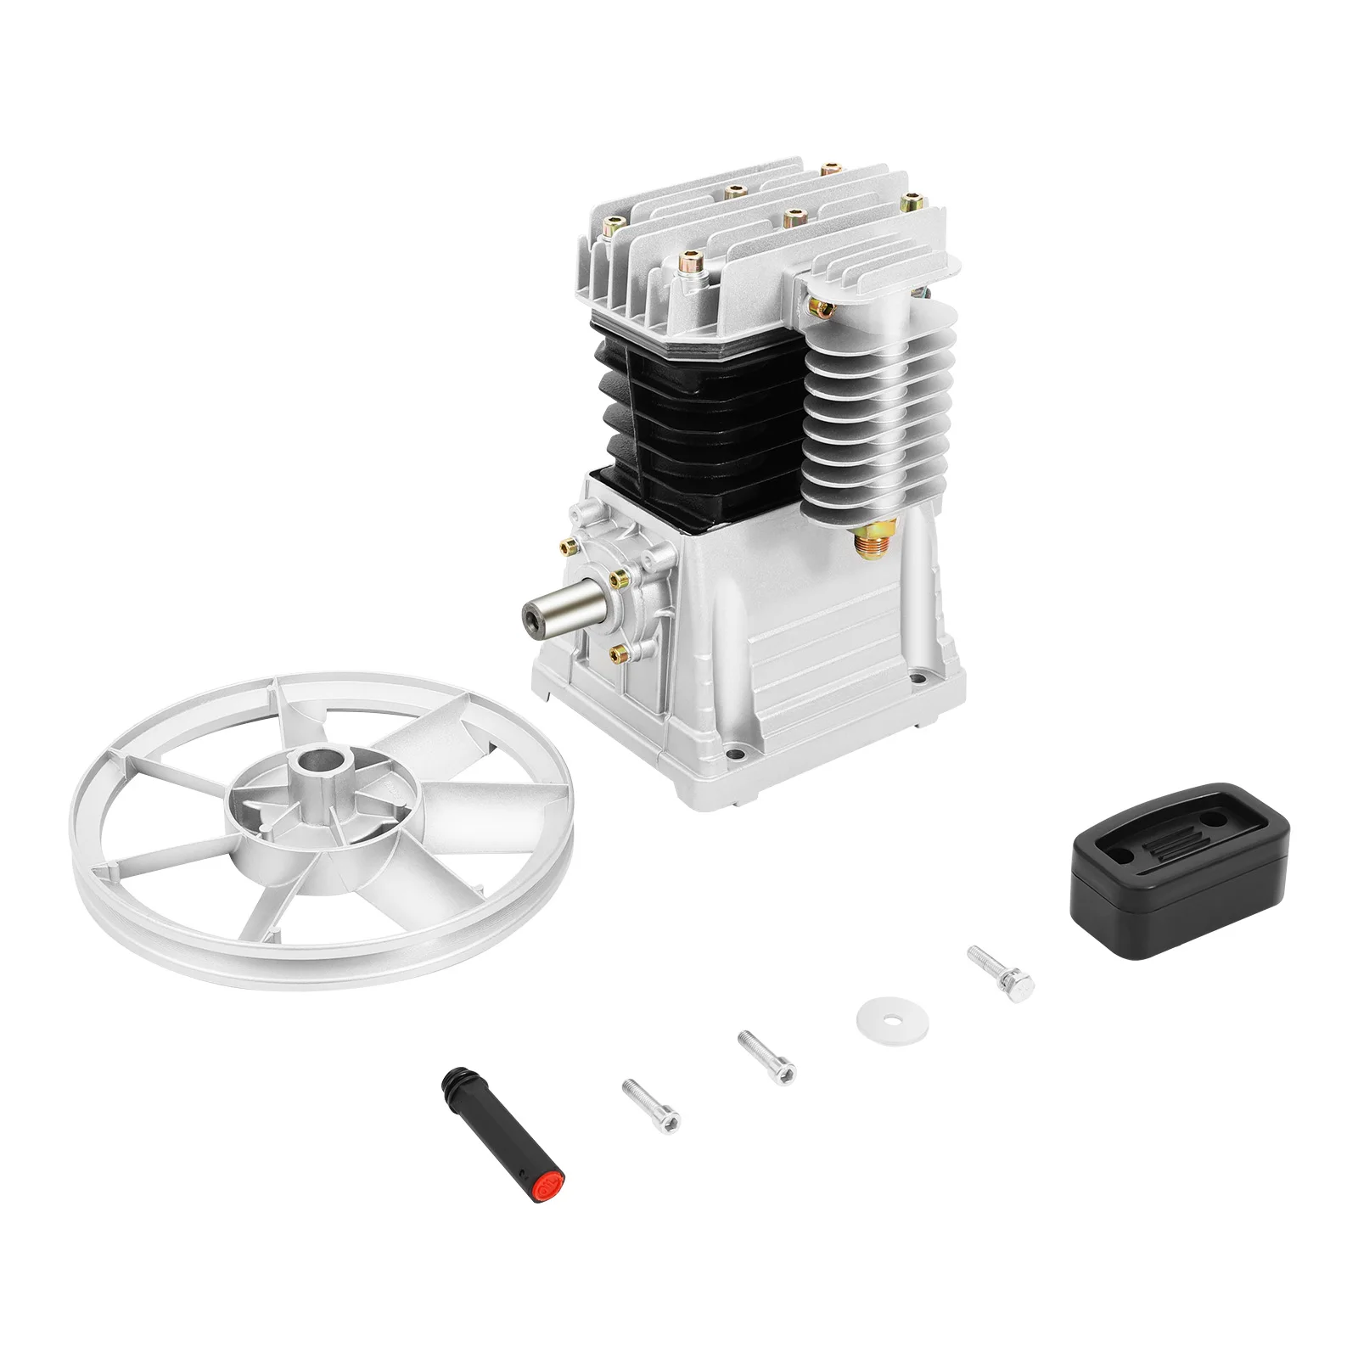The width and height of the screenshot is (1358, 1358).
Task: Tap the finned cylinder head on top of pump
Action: point(764,238)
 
